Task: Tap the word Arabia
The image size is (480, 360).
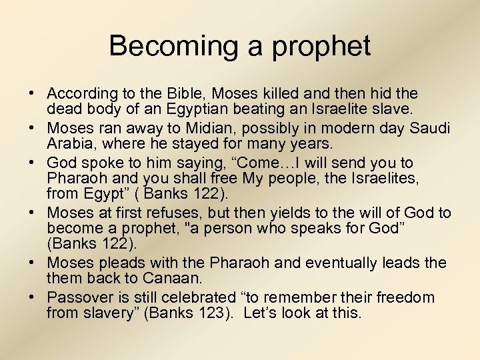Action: point(68,144)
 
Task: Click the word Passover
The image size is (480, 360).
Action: point(80,297)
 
